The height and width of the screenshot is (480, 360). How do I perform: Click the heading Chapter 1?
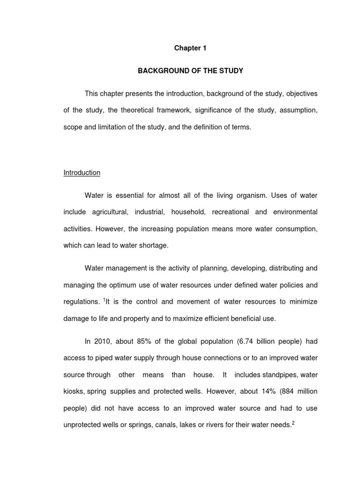click(x=190, y=48)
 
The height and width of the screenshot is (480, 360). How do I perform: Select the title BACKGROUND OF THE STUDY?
click(x=190, y=71)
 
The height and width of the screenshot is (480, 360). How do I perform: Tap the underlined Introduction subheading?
click(x=82, y=172)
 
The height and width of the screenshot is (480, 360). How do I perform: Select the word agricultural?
click(x=107, y=212)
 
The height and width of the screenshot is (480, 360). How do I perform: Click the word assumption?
click(x=300, y=111)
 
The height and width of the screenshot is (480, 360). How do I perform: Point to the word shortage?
click(x=149, y=246)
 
